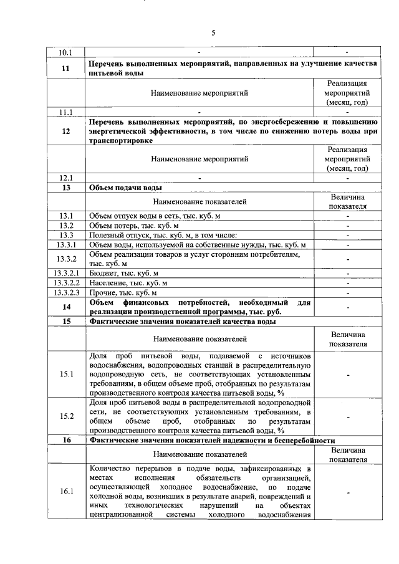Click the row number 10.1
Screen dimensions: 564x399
(65, 52)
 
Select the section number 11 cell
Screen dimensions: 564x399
(65, 69)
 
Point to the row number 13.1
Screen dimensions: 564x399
(65, 215)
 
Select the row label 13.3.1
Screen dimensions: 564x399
(65, 245)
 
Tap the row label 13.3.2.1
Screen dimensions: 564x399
(65, 272)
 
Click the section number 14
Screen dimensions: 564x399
(65, 307)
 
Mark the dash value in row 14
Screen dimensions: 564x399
(348, 307)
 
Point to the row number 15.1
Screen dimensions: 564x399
(65, 374)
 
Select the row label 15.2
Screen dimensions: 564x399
(65, 416)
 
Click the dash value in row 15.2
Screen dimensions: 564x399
(348, 416)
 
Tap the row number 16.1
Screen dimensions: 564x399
(65, 491)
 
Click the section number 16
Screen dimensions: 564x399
(65, 440)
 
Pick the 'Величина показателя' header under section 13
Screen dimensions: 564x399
(348, 201)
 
